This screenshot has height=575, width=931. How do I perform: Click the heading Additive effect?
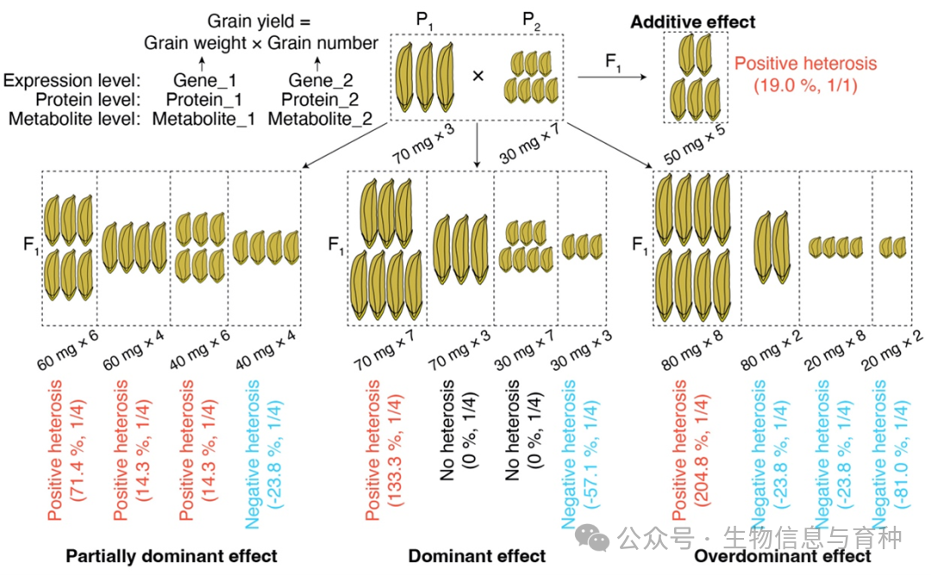tap(692, 22)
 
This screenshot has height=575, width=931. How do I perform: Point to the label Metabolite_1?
tap(203, 119)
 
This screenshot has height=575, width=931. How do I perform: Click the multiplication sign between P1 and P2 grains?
tap(478, 76)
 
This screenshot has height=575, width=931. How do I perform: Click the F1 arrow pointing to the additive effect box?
tap(612, 77)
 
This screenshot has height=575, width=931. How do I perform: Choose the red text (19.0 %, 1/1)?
tap(806, 85)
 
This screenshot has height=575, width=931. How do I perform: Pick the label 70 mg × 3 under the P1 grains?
tap(423, 144)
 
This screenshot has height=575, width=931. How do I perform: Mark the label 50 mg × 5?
tap(694, 144)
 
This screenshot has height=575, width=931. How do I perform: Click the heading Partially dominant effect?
tap(171, 556)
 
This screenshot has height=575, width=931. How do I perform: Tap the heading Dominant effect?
tap(477, 556)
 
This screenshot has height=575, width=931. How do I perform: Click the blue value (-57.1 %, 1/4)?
tap(590, 454)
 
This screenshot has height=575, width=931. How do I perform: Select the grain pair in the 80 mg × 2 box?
tap(772, 246)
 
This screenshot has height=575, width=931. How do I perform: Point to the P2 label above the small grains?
tap(531, 22)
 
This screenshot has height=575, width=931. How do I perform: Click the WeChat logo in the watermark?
tap(592, 538)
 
